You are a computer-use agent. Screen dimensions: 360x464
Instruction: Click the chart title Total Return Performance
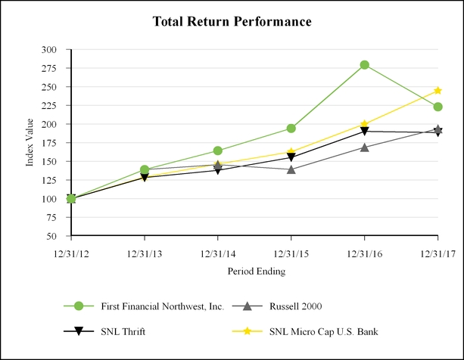[232, 21]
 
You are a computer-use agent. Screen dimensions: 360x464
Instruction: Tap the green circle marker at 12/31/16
[365, 65]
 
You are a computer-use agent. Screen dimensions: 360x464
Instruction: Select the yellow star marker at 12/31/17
[438, 91]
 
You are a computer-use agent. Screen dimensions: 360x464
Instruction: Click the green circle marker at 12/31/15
[291, 129]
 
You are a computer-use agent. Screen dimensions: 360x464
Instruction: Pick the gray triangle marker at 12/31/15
[291, 169]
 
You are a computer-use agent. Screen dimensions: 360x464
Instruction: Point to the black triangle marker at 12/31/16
[365, 132]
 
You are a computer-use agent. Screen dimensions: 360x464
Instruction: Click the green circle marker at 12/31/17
[438, 107]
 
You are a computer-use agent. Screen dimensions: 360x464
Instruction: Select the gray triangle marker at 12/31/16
[365, 147]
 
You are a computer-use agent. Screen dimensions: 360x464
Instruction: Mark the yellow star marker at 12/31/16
[365, 124]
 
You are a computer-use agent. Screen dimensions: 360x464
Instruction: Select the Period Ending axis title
[255, 271]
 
